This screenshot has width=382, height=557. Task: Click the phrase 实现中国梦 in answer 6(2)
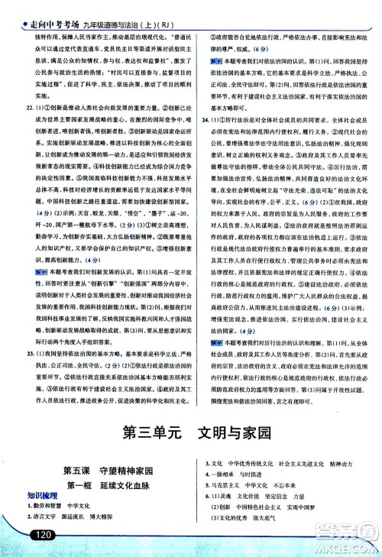328,507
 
